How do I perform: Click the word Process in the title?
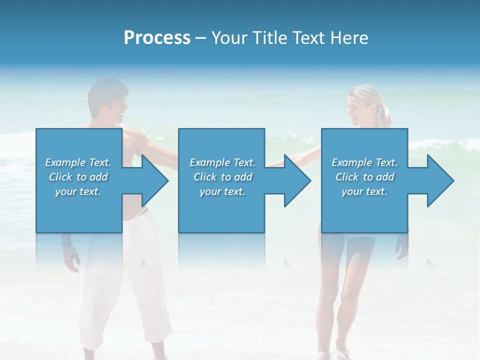click(157, 37)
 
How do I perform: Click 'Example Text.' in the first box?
click(78, 162)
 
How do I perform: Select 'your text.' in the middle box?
click(222, 191)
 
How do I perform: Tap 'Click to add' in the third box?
click(364, 177)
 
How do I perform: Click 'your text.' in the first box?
click(78, 191)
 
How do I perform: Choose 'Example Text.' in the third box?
click(364, 162)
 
